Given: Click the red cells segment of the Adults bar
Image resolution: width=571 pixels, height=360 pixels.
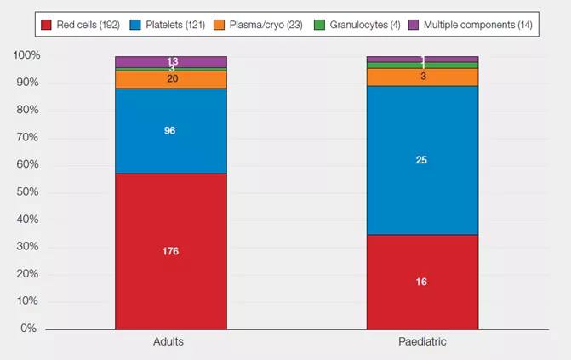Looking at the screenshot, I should click(170, 251).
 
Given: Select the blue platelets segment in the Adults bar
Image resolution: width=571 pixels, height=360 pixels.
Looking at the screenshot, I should click(170, 130).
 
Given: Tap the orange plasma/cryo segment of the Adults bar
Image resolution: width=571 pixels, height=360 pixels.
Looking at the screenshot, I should click(170, 79).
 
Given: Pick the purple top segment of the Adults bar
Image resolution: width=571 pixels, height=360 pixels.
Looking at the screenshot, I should click(170, 61).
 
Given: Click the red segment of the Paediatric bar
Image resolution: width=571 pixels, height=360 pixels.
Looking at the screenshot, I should click(421, 282).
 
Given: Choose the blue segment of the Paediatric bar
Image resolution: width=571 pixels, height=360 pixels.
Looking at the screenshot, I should click(421, 160).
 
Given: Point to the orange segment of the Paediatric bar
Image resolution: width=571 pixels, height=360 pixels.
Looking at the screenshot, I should click(421, 77).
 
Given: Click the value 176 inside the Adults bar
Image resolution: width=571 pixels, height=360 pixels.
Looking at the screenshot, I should click(170, 251).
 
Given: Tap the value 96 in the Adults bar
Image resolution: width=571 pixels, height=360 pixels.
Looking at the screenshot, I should click(170, 130).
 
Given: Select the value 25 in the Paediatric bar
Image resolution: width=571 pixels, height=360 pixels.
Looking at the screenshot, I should click(421, 160).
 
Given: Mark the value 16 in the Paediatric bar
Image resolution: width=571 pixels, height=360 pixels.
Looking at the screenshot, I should click(421, 282).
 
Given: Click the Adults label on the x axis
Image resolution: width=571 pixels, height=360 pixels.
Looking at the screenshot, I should click(170, 341).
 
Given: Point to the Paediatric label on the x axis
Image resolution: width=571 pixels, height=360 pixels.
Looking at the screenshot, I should click(421, 341).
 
